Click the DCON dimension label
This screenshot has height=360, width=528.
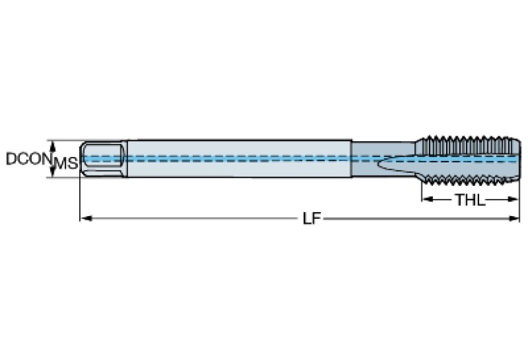26,159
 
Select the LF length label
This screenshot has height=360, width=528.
311,219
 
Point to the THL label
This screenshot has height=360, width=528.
469,200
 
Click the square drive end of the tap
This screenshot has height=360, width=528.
103,159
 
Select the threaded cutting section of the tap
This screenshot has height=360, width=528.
468,158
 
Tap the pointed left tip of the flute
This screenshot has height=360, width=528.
379,165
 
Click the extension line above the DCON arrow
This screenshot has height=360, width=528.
65,140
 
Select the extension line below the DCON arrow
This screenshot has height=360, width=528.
65,178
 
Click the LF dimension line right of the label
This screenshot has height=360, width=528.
420,219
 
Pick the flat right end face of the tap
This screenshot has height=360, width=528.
517,158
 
